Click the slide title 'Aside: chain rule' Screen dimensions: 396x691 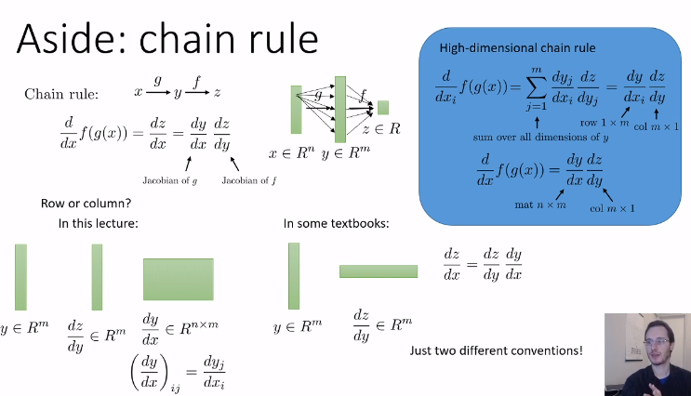tap(167, 39)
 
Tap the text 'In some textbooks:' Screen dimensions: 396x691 tap(335, 223)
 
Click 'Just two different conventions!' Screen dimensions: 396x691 tap(496, 350)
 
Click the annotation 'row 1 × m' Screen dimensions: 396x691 tap(604, 123)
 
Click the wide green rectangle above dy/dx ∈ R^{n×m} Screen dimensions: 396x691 tap(178, 279)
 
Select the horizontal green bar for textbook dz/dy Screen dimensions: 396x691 tap(379, 271)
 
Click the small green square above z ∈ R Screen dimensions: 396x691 tap(383, 107)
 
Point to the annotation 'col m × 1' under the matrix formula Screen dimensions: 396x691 tap(612, 208)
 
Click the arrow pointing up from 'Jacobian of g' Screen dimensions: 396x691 tap(175, 164)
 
